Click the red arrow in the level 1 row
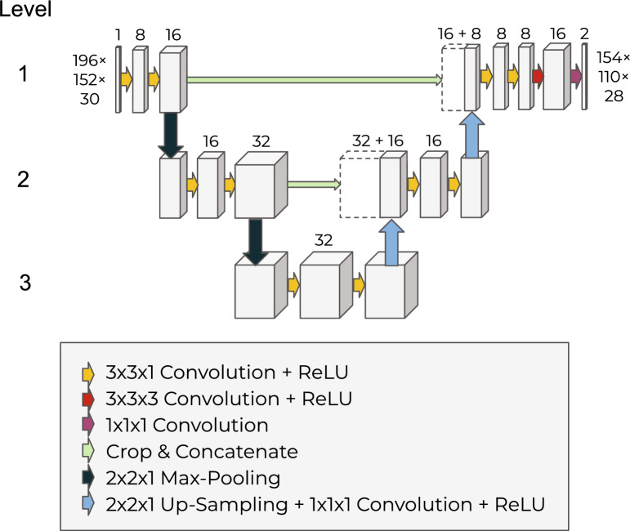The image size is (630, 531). pyautogui.click(x=537, y=78)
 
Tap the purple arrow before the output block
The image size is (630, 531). pyautogui.click(x=576, y=78)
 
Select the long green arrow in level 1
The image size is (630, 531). pyautogui.click(x=315, y=79)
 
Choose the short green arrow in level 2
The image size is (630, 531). pyautogui.click(x=313, y=185)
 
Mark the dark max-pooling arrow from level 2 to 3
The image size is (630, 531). pyautogui.click(x=257, y=240)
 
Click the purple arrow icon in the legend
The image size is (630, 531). pyautogui.click(x=87, y=425)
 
